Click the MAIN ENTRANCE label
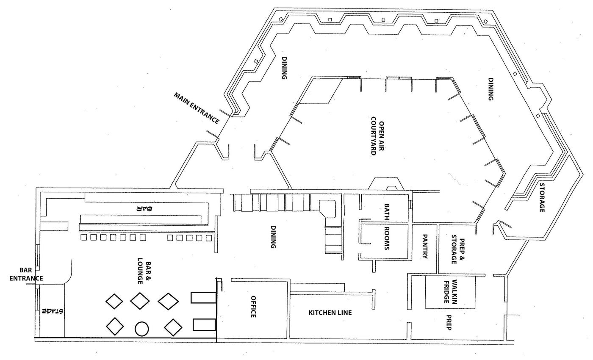point(197,108)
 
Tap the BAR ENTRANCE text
point(26,274)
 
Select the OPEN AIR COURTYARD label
point(377,136)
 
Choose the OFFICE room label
point(253,307)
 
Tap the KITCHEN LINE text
point(330,313)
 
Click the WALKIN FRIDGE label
point(451,292)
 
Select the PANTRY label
point(425,246)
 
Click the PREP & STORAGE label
point(458,249)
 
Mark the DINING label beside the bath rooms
point(273,237)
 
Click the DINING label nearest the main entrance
point(284,68)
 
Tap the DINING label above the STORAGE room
point(491,89)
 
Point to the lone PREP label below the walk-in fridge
point(449,322)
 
